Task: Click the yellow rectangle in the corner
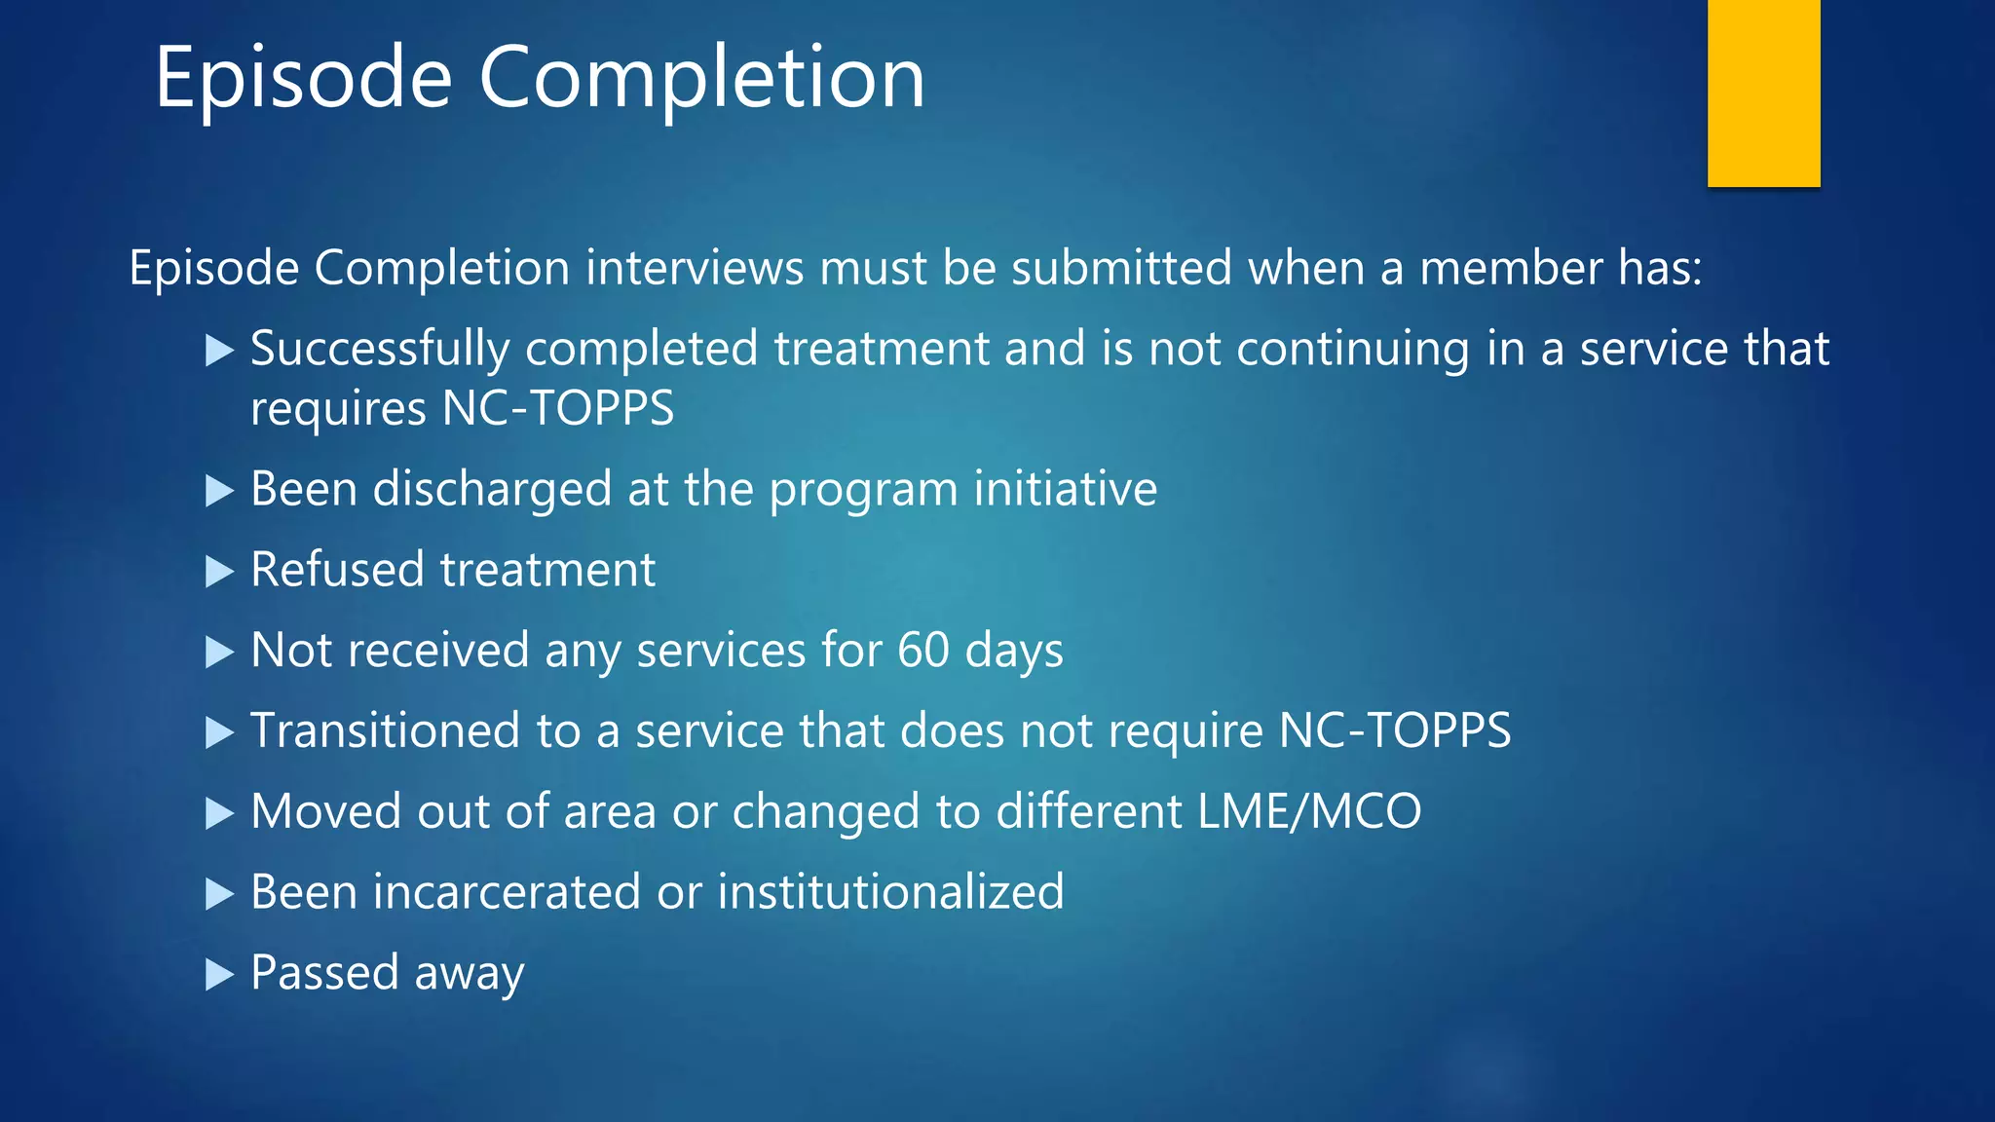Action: coord(1763,93)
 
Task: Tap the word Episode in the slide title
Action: coord(303,78)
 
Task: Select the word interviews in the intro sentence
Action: coord(694,268)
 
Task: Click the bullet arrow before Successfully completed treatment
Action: coord(220,351)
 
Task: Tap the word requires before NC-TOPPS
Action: coord(337,409)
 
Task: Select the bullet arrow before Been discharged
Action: coord(220,491)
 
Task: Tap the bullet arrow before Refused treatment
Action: coord(220,572)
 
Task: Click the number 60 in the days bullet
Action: coord(922,650)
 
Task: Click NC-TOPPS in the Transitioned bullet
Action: coord(1394,730)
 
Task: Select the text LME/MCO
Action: coord(1309,811)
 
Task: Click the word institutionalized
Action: coord(890,892)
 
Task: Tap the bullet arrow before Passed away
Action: coord(220,974)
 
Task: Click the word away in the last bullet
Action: coord(470,974)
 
